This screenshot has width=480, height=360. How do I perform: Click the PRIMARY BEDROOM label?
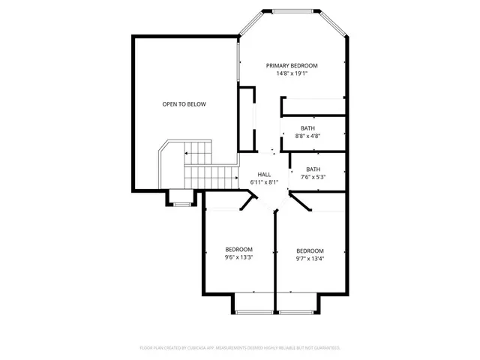[292, 65]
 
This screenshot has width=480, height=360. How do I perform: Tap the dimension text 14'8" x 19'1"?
[292, 73]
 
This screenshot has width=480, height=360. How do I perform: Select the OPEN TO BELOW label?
[184, 104]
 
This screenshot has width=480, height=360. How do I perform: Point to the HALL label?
[264, 173]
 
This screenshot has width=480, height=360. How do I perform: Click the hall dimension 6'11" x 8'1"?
[264, 181]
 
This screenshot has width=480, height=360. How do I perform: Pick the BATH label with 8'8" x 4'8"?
[307, 128]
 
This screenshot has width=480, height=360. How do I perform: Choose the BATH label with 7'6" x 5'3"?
[313, 169]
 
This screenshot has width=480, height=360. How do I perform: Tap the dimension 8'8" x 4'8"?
[307, 136]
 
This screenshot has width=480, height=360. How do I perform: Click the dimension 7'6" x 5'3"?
[313, 178]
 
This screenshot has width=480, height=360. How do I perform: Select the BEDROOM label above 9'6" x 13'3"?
[238, 249]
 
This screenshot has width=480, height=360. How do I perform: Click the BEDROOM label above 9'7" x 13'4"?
[310, 250]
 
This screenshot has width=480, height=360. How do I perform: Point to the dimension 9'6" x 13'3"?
[238, 257]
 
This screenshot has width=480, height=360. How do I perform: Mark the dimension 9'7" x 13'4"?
[310, 259]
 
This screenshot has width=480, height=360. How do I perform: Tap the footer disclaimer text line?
[240, 348]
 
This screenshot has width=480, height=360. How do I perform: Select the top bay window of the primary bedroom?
[292, 11]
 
